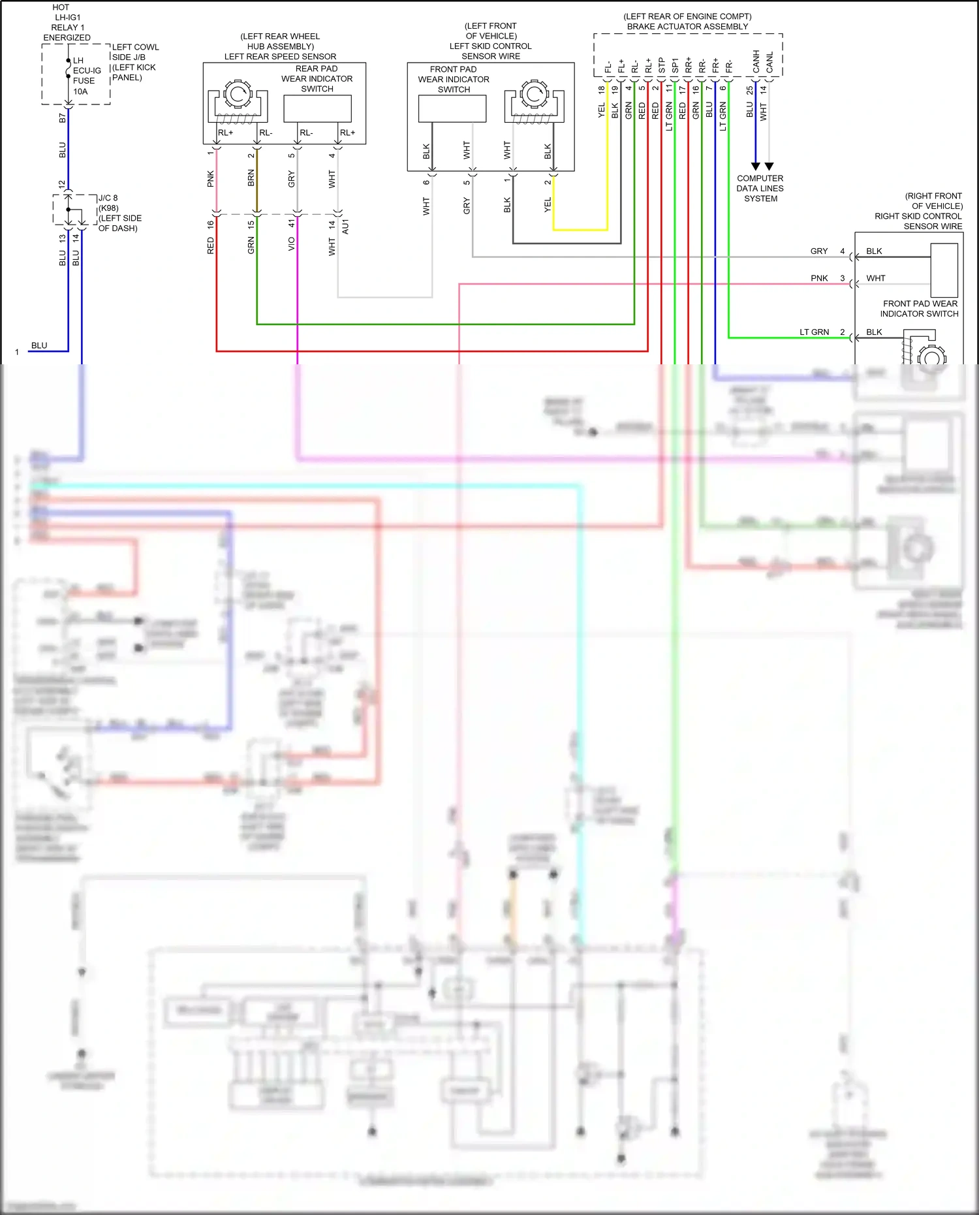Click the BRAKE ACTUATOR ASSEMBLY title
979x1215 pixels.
687,27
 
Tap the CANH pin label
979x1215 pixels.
756,61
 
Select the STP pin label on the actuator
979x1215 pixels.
661,65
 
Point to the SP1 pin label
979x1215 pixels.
675,65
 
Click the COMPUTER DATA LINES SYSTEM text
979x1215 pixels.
760,189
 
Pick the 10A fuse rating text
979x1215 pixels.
80,91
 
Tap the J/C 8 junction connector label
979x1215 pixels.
108,198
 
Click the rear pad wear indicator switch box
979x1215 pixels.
317,108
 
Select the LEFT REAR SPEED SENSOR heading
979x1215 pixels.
280,57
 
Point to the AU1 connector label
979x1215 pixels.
345,227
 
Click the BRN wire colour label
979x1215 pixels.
251,178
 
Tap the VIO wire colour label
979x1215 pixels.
291,244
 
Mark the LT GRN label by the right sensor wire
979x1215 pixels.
814,332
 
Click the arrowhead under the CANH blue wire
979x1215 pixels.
755,166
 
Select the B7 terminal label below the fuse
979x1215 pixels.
62,118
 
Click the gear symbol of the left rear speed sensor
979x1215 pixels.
237,95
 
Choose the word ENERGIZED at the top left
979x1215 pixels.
67,38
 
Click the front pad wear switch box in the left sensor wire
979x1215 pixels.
452,109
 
